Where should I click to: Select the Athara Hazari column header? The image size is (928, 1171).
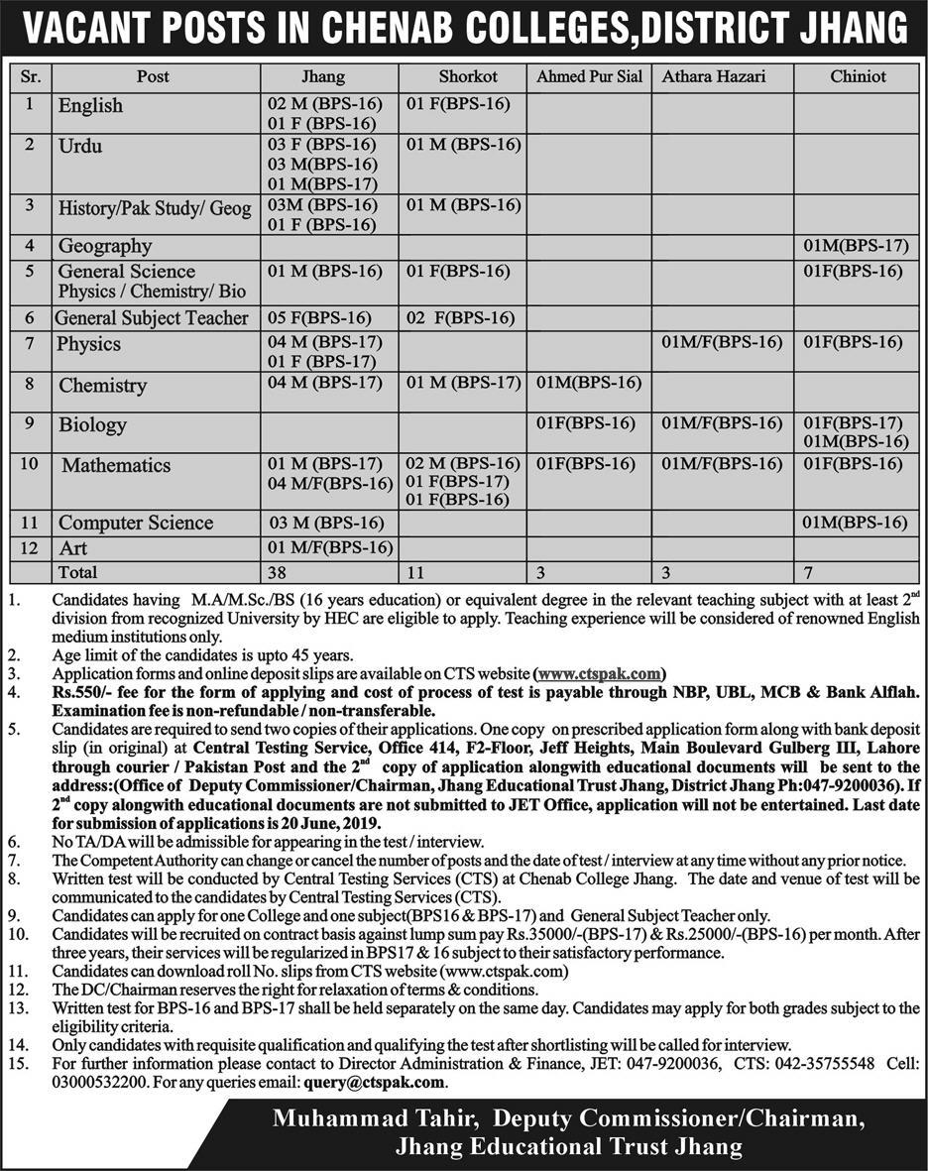[x=714, y=76]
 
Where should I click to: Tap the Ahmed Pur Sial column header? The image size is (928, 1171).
[x=590, y=76]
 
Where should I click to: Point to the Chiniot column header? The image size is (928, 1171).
[x=859, y=76]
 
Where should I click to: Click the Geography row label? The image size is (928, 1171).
[x=105, y=246]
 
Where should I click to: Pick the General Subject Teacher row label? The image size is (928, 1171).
[x=152, y=318]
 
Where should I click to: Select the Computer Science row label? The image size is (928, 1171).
[x=136, y=523]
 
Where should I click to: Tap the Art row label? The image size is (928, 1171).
[x=72, y=548]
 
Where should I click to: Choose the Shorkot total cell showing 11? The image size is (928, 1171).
[x=415, y=572]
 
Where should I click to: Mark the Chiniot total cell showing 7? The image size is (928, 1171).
[x=809, y=572]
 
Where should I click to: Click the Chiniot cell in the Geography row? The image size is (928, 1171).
[x=856, y=246]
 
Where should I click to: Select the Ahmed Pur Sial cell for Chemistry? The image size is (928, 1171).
[x=589, y=383]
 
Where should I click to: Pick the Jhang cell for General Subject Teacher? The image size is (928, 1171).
[x=319, y=318]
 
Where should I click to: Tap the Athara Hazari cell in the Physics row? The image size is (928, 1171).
[x=722, y=343]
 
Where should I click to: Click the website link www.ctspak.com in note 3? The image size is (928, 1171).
[x=600, y=674]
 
